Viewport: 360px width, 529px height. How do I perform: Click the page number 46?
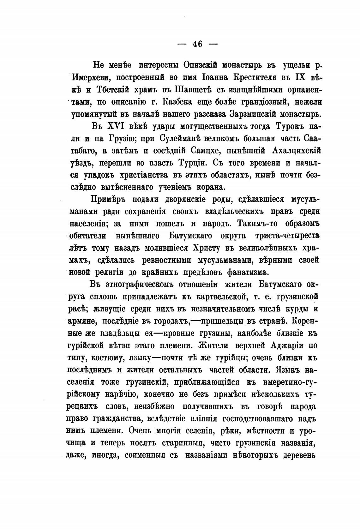click(x=197, y=44)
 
